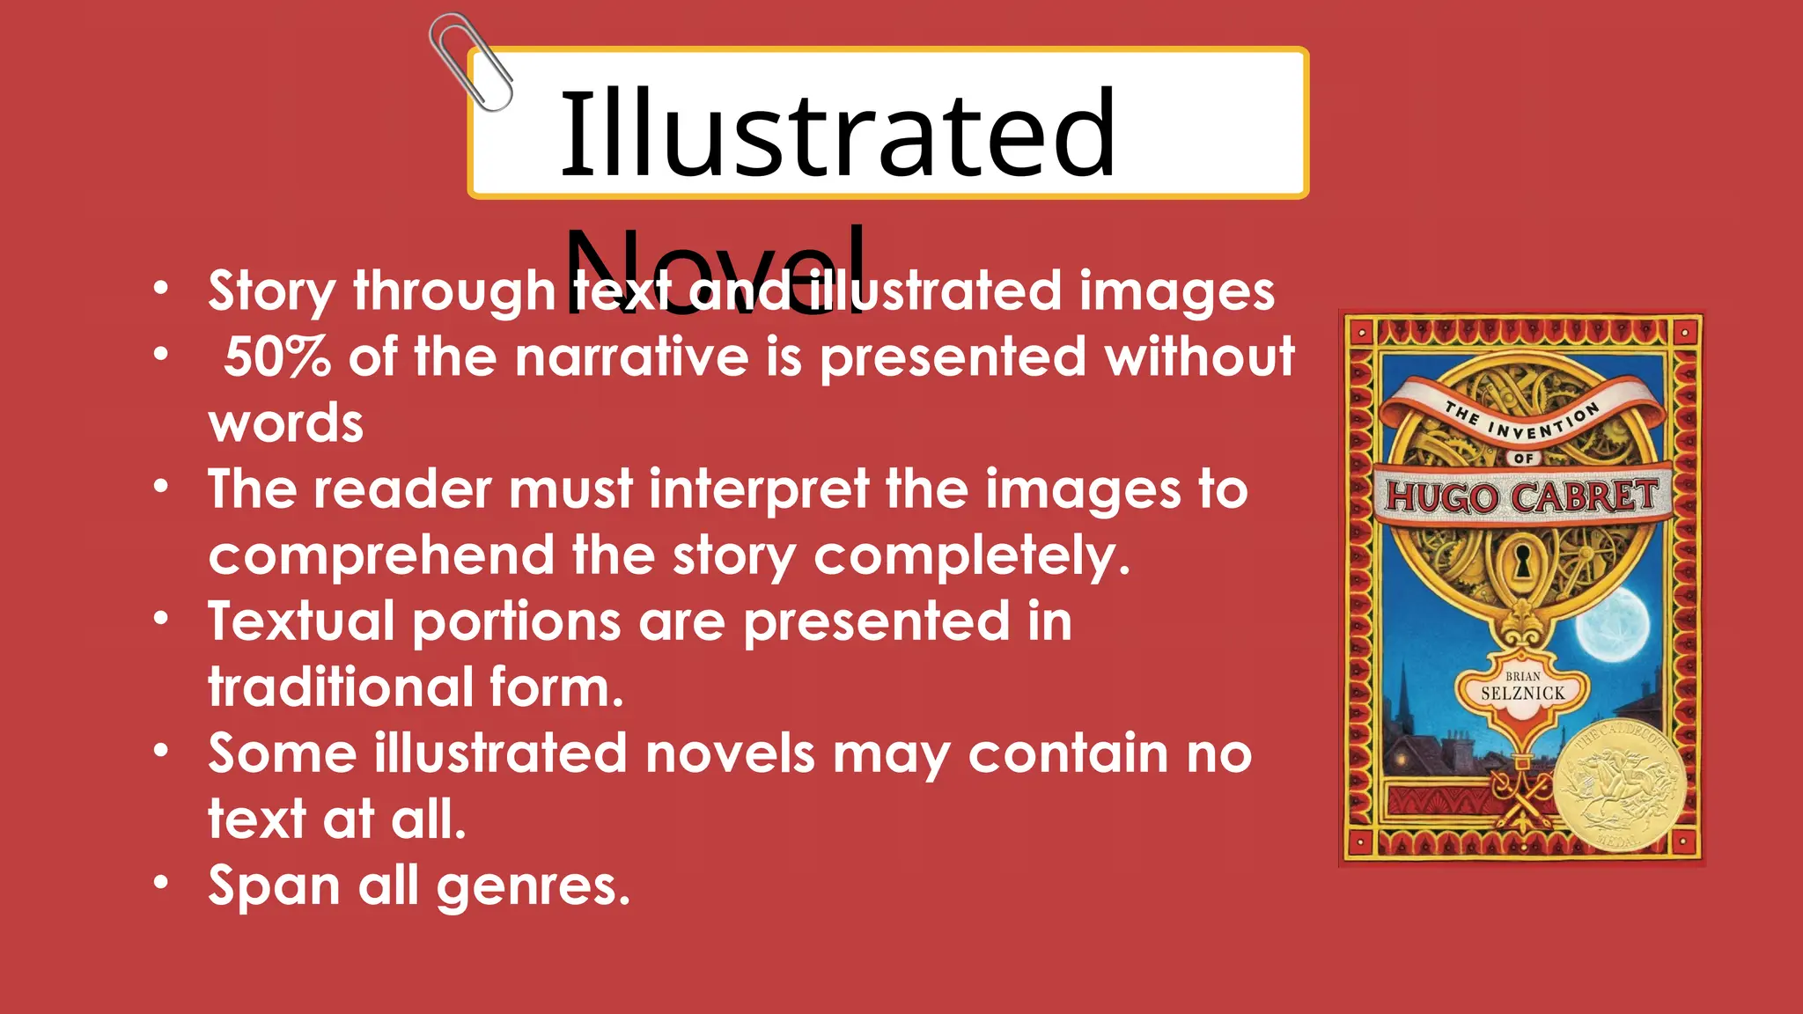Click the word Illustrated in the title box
(837, 134)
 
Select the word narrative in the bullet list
(631, 357)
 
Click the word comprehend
(381, 555)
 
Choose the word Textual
(301, 621)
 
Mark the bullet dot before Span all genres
(160, 882)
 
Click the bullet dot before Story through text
(160, 288)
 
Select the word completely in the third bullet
(971, 555)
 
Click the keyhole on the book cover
(1522, 560)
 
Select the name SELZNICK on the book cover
(1522, 694)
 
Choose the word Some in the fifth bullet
(282, 753)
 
